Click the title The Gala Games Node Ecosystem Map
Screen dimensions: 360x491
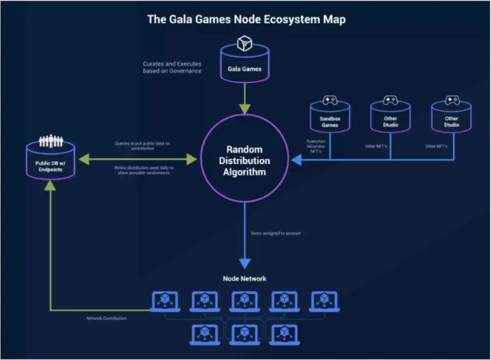[x=246, y=20]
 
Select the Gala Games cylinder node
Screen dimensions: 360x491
[x=244, y=66]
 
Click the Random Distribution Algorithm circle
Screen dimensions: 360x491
[x=244, y=160]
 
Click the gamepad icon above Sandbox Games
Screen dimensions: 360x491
[x=330, y=100]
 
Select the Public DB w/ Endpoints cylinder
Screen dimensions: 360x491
[x=51, y=162]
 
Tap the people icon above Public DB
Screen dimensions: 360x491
[x=51, y=141]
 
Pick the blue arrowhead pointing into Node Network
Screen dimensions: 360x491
[x=244, y=263]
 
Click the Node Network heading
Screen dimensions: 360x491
[x=244, y=278]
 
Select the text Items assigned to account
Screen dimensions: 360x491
[x=276, y=233]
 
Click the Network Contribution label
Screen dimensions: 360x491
[x=106, y=318]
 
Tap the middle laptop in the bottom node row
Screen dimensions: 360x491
[x=244, y=334]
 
